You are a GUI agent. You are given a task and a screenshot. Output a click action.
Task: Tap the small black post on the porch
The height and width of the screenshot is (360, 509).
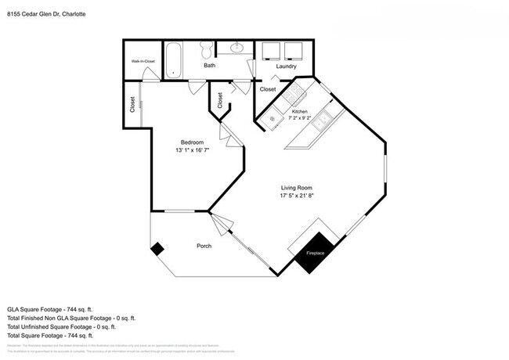click(x=157, y=248)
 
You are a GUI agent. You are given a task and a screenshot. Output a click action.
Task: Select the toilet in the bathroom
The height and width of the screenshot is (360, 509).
click(x=207, y=51)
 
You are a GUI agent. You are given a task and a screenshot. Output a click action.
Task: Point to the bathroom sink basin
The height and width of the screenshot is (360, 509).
click(x=236, y=49)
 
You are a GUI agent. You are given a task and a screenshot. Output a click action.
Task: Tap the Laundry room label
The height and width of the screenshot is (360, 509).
click(x=287, y=67)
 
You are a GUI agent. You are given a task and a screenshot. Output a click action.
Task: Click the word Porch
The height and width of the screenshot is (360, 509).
click(x=204, y=247)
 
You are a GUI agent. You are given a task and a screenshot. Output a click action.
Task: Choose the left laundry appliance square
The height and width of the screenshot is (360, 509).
click(x=273, y=50)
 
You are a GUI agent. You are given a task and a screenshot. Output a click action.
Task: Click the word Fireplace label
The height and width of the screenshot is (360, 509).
click(x=316, y=253)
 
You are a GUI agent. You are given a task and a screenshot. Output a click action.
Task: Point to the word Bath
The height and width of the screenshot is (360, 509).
click(x=210, y=66)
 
